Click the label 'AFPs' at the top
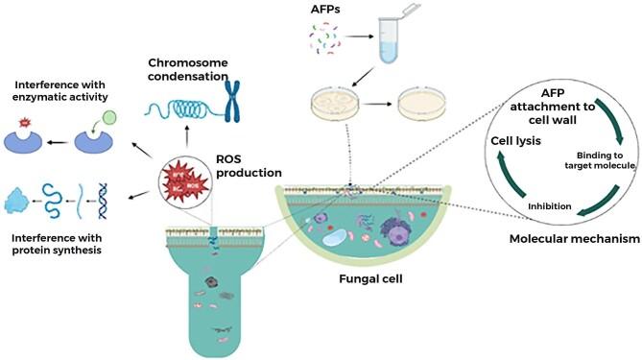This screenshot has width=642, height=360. [322, 10]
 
